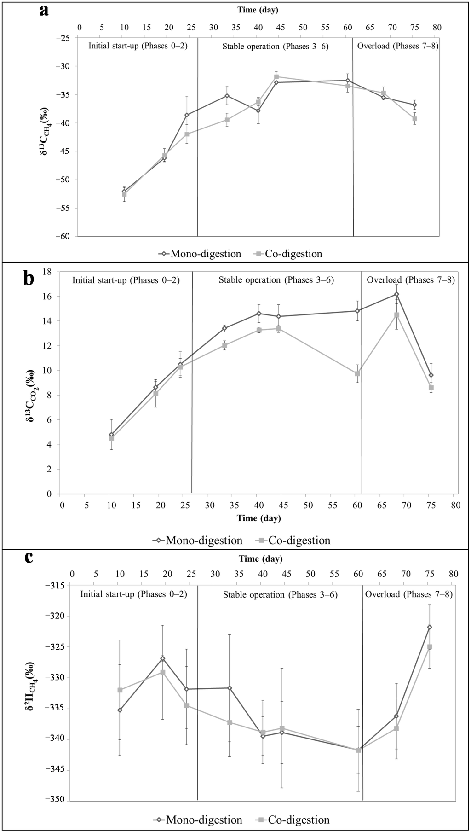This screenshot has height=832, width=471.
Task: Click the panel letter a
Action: point(44,10)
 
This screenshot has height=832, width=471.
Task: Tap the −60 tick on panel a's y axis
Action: point(64,236)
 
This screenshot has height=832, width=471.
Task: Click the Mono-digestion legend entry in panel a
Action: point(200,254)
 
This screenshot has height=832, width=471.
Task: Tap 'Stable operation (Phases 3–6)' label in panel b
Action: point(276,280)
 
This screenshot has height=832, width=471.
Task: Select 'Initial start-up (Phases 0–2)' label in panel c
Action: point(134,594)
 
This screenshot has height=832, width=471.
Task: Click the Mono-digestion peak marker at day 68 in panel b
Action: point(396,294)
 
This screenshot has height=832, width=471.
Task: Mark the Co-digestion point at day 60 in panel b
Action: point(357,374)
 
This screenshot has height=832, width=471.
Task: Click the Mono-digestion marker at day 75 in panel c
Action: point(430,627)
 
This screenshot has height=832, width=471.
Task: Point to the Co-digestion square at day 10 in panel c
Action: point(120,690)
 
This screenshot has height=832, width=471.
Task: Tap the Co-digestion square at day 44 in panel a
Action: point(276,77)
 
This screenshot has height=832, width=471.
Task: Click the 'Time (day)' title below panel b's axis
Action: point(258,518)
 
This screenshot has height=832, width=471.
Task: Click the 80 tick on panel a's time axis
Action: point(437,28)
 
